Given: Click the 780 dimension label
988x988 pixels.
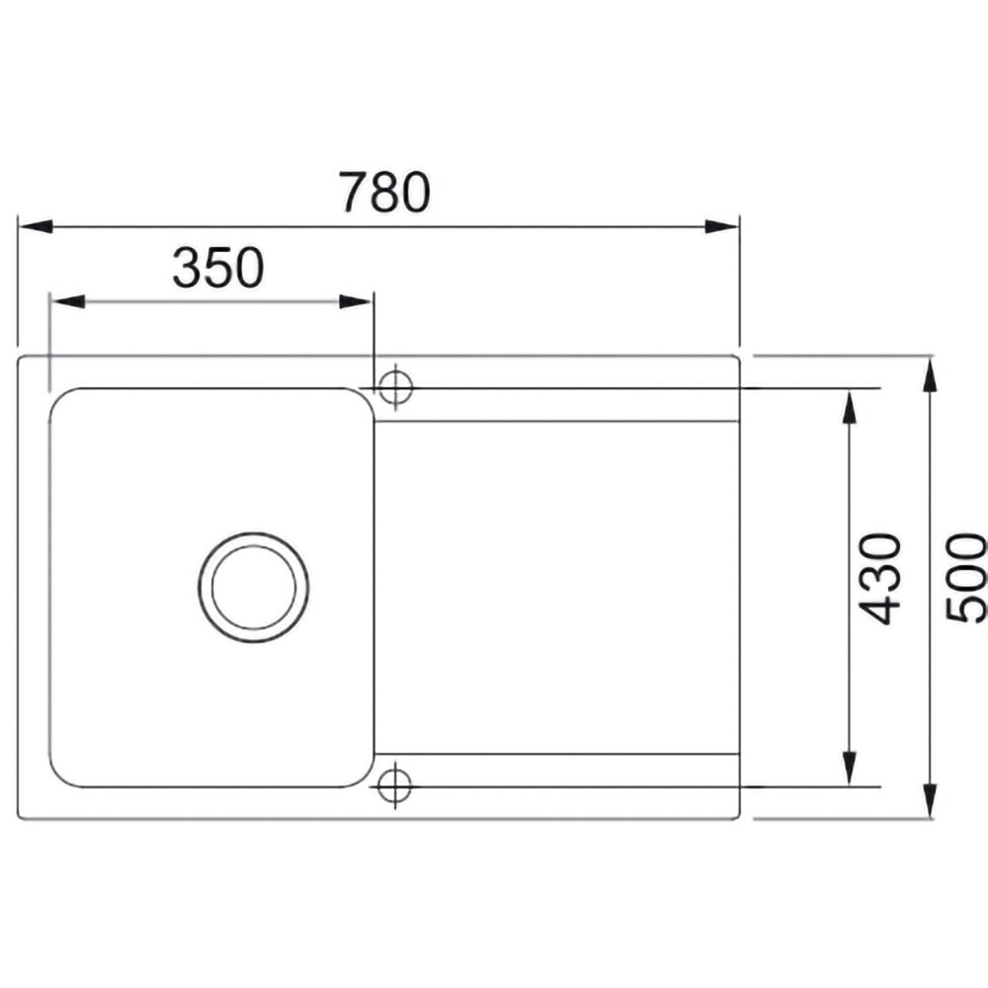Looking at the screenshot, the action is pos(384,192).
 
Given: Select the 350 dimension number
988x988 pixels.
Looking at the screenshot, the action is pos(218,268).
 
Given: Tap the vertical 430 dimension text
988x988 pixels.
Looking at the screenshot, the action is pos(879,579).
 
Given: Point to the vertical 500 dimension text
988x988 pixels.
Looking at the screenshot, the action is pos(965,578).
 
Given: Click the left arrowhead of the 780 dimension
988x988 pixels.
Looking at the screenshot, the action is pos(36,226).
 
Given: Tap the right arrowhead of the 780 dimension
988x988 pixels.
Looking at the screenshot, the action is pos(721,226).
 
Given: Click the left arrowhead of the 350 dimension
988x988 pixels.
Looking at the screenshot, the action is pos(67,301).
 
